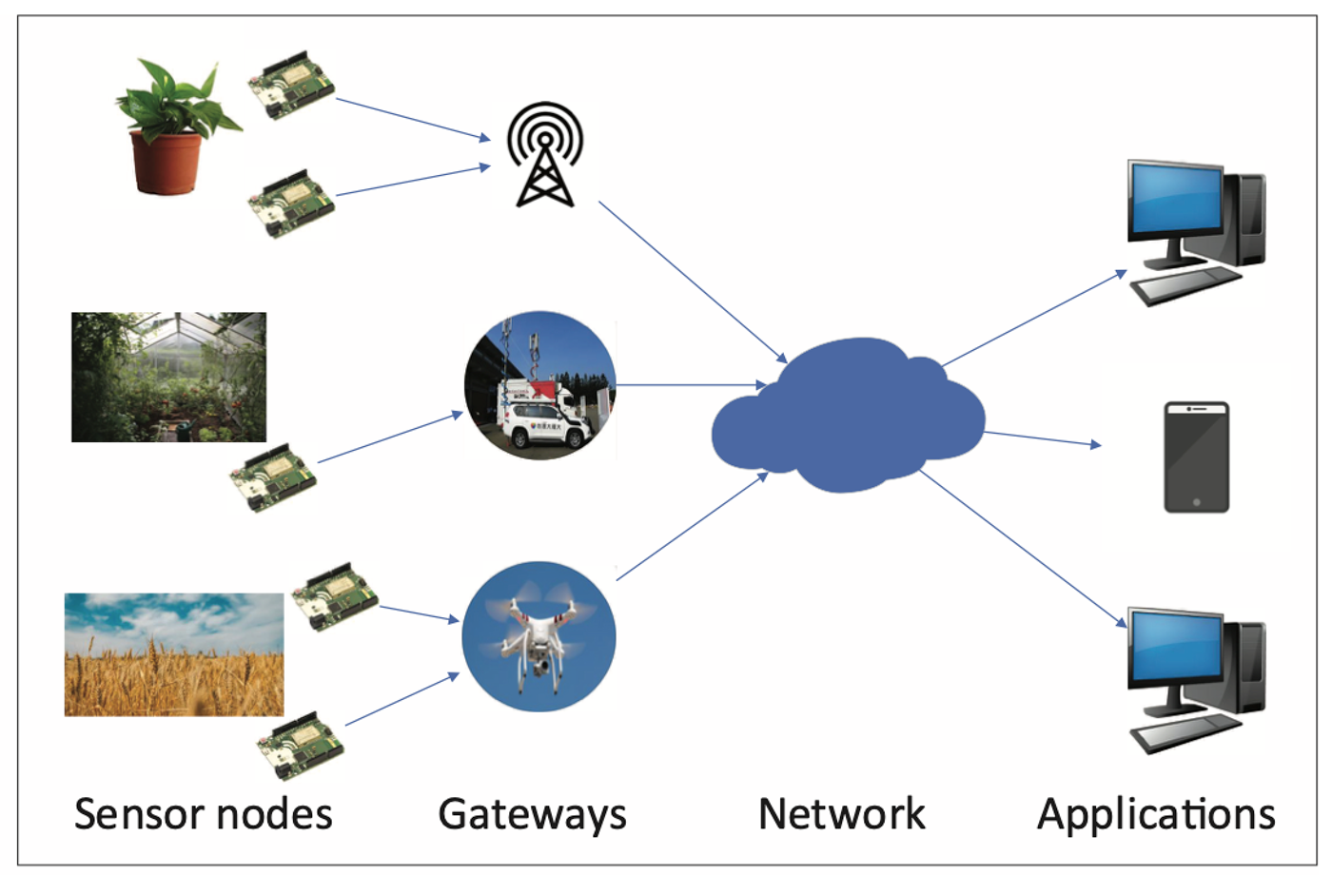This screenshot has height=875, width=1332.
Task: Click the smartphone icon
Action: point(1196,457)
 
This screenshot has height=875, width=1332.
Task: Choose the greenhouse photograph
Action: point(168,377)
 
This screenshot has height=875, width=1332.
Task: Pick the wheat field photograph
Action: point(173,654)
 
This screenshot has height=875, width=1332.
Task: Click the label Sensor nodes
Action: point(203,814)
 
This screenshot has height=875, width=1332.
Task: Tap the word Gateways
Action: point(532,814)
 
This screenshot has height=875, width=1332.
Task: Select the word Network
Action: point(841,814)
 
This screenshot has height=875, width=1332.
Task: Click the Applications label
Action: point(1156,814)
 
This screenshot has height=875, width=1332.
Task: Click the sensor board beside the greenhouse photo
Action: point(272,476)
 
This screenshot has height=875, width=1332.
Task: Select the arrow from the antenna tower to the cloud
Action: point(692,282)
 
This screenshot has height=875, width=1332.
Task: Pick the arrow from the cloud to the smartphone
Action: point(1041,438)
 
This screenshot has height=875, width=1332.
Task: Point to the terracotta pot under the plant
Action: point(166,163)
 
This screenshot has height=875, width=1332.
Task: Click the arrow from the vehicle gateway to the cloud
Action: point(692,385)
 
